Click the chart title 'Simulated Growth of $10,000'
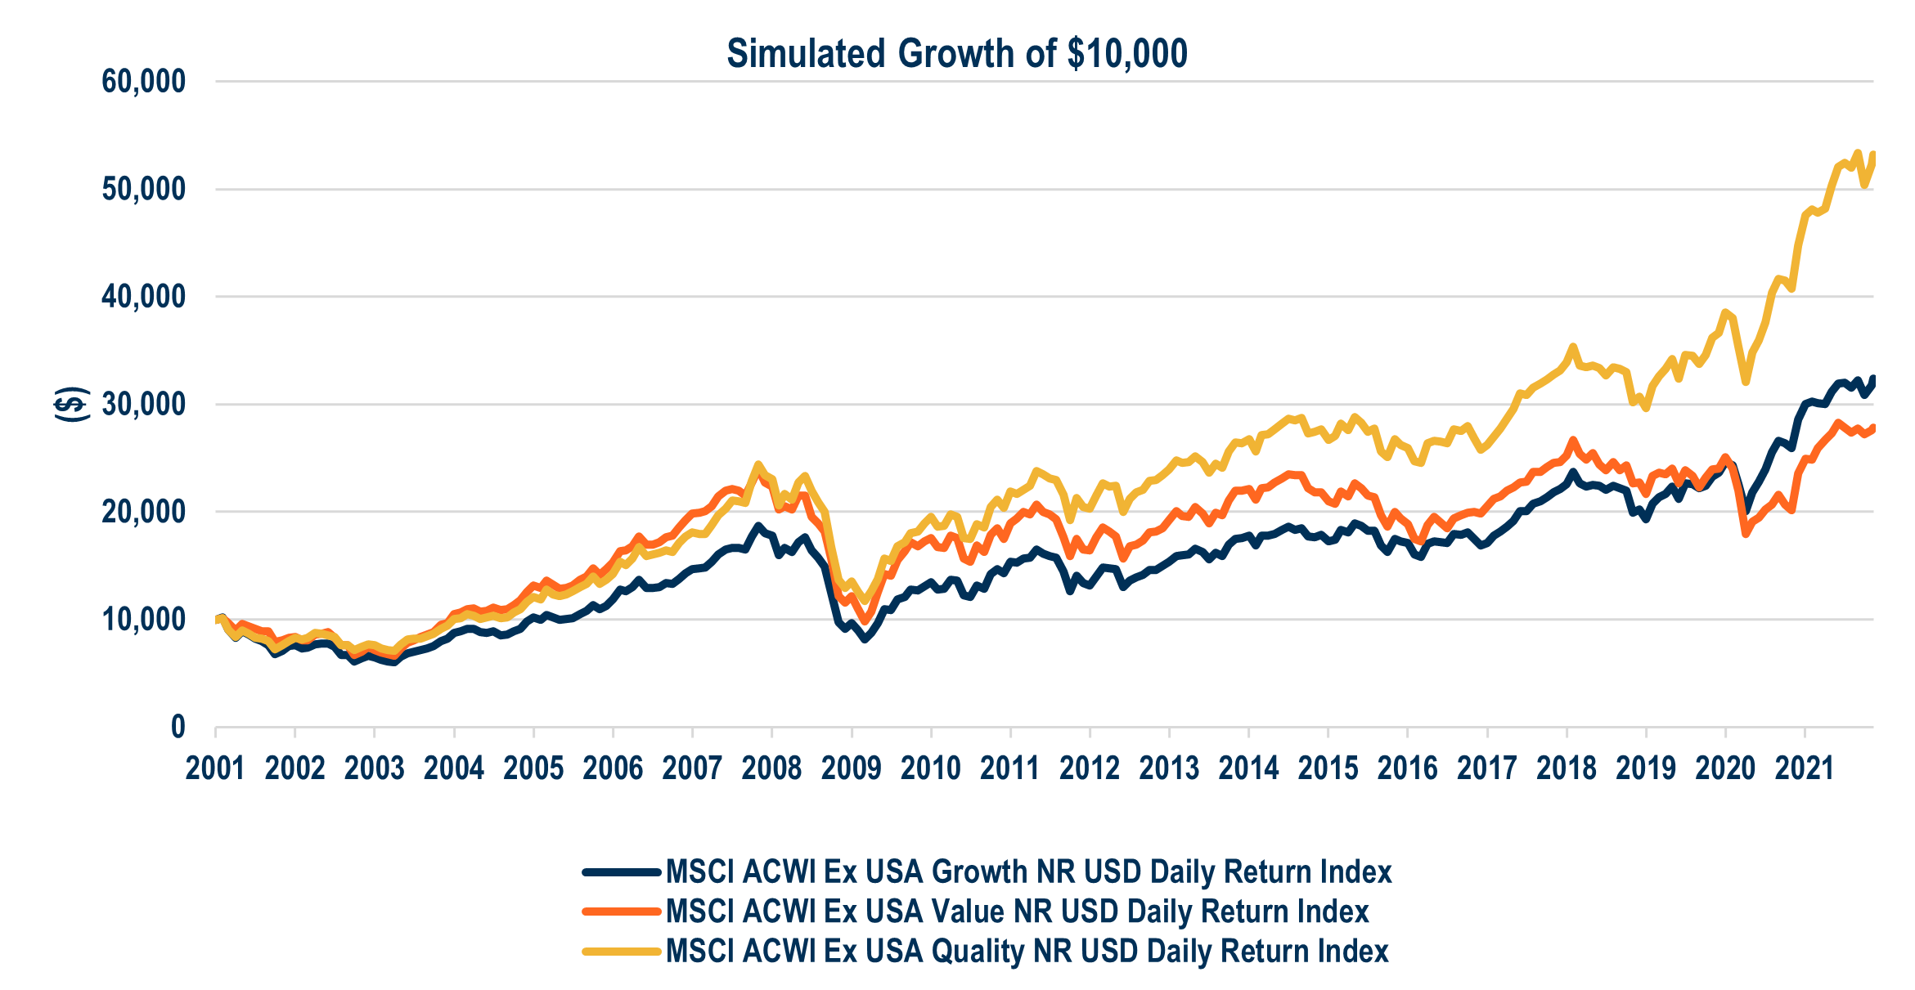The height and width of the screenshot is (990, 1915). point(956,54)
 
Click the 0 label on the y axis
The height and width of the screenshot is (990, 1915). point(178,727)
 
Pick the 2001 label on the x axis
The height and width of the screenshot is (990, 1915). point(215,768)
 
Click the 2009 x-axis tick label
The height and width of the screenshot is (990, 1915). point(851,768)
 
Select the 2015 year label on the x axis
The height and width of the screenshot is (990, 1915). point(1328,768)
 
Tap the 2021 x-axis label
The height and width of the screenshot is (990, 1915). point(1805,768)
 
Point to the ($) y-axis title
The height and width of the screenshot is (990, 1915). point(72,404)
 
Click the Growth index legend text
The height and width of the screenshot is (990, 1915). point(1028,872)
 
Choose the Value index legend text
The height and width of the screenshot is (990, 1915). point(1017,912)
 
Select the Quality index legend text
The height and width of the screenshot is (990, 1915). point(1027,952)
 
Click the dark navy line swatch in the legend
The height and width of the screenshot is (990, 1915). point(622,872)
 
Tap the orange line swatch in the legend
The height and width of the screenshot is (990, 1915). point(622,912)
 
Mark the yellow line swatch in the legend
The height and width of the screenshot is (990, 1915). point(622,952)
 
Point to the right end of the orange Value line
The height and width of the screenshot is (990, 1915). point(1872,427)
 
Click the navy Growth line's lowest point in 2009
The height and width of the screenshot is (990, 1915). point(865,639)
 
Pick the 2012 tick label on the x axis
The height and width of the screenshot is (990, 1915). point(1090,768)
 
